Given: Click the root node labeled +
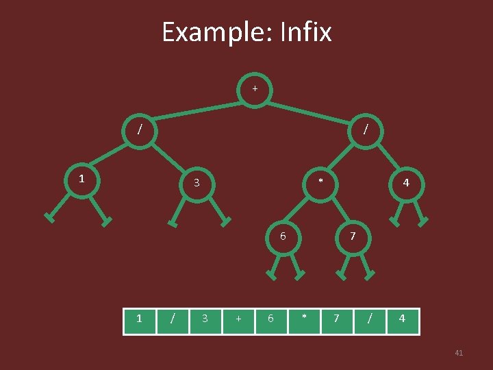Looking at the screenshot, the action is [x=255, y=89].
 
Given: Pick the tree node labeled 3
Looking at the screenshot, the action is [x=197, y=183].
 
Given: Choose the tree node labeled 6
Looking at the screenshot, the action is [x=283, y=236].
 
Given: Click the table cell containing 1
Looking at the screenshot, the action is [x=140, y=319].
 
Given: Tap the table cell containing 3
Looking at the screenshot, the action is [x=205, y=319].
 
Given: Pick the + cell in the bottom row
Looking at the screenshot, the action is [x=238, y=319].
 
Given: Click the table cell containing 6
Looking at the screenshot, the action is [x=271, y=319].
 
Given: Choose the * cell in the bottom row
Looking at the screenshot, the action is [x=304, y=319].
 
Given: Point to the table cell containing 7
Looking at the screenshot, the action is [x=336, y=319].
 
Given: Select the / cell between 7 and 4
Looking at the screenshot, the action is [x=369, y=319].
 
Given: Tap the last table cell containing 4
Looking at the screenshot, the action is [x=402, y=319].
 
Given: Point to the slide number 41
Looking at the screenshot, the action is [x=459, y=353].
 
